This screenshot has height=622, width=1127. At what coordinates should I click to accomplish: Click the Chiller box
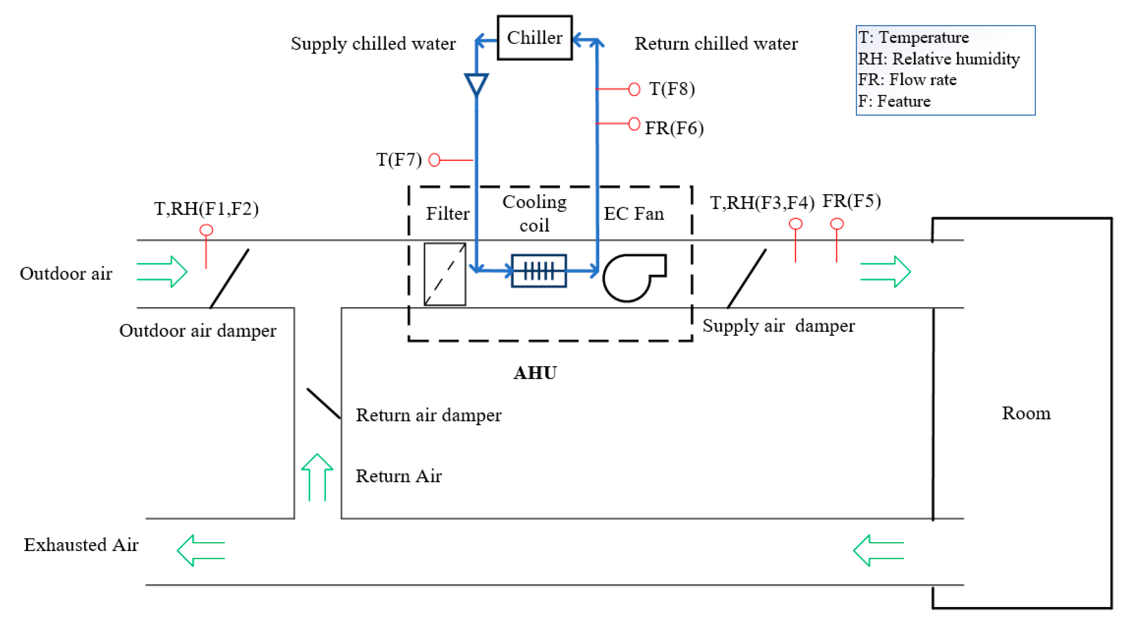534,38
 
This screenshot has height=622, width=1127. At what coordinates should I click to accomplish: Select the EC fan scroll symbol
630,277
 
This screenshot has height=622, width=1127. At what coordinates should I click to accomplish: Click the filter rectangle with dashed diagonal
444,274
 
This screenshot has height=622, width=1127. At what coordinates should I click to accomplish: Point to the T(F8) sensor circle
634,89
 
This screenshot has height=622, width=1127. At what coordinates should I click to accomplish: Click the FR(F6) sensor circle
634,124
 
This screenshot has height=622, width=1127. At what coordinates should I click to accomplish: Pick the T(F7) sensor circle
434,160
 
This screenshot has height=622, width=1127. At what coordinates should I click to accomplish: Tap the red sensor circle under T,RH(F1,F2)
206,230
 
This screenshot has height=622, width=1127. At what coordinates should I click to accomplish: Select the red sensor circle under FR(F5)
836,224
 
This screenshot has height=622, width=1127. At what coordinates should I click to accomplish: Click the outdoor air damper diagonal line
229,279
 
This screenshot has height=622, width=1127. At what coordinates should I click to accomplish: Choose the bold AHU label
535,373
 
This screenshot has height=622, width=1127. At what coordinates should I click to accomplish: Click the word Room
1025,413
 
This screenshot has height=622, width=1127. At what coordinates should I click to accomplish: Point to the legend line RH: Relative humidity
938,59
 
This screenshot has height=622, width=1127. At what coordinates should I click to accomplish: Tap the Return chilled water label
716,44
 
